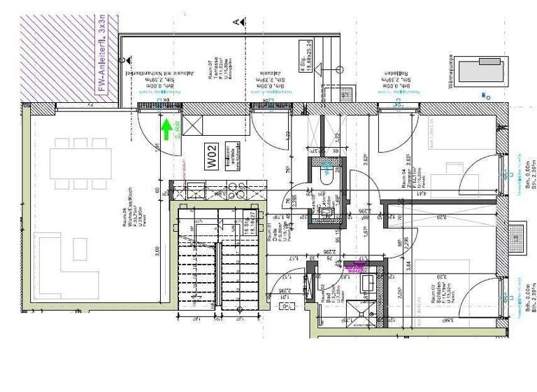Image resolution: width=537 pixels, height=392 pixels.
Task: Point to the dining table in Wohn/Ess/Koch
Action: tap(78, 162)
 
